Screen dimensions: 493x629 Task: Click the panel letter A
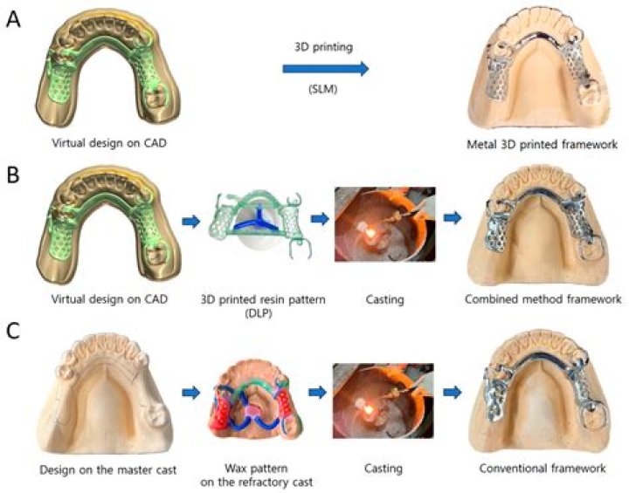click(15, 18)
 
